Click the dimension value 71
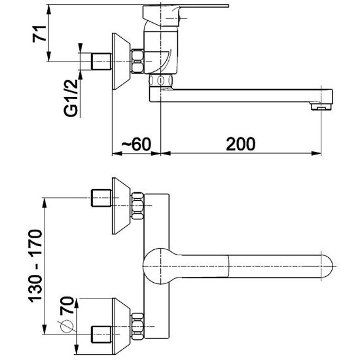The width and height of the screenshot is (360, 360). (39, 34)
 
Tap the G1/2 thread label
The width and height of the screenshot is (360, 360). (71, 98)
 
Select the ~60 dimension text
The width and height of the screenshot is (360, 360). (136, 144)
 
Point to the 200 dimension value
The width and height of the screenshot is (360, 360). (241, 144)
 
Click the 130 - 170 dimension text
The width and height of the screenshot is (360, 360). (35, 265)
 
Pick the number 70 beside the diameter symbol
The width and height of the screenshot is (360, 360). (67, 305)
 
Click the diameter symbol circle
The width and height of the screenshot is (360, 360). (67, 325)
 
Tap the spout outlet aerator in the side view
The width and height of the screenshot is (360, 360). (321, 106)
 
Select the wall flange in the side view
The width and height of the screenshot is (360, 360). (121, 62)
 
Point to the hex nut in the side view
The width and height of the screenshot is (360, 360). (137, 62)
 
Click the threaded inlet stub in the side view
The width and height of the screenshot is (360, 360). (101, 62)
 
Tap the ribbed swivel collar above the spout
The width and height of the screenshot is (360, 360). (161, 80)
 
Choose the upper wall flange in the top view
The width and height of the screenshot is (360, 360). (121, 206)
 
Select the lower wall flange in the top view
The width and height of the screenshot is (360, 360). (121, 326)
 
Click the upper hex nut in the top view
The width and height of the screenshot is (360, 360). (137, 206)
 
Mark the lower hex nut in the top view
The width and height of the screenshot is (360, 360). (137, 326)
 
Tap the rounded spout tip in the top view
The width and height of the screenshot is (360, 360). (327, 266)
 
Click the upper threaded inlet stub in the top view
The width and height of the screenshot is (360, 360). (101, 198)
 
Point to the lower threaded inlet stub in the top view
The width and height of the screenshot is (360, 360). (101, 334)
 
